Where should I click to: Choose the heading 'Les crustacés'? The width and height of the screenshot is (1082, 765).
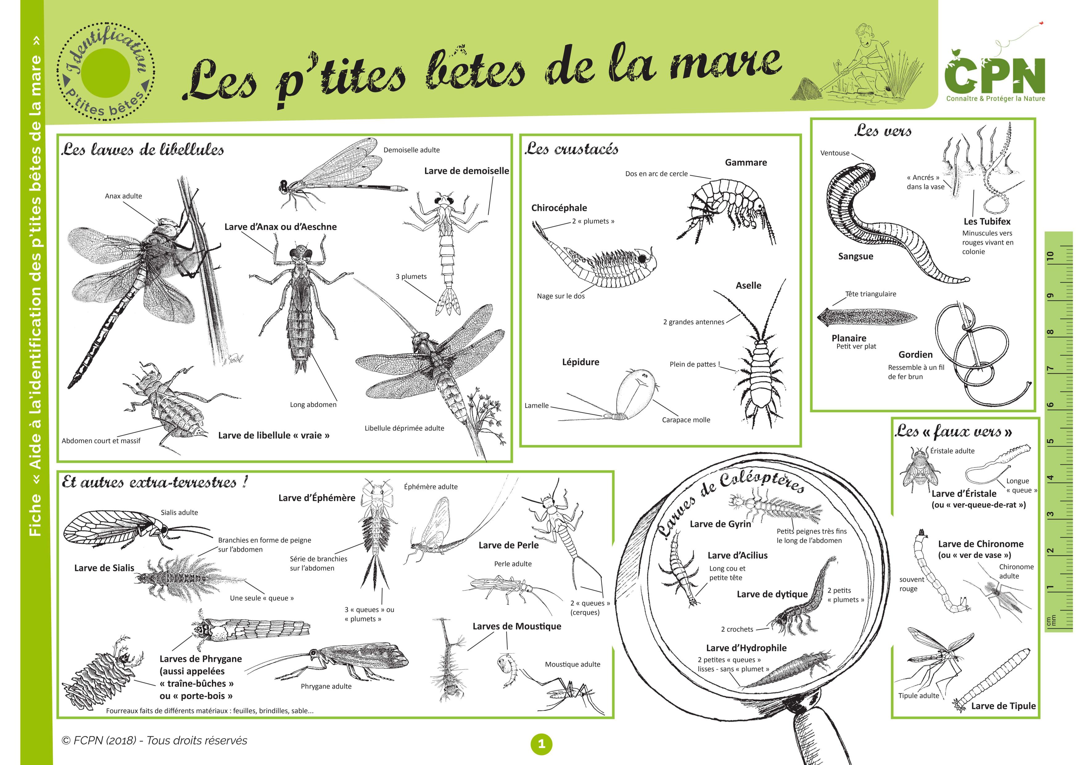[571, 149]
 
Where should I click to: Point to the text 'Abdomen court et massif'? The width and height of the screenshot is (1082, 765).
[101, 441]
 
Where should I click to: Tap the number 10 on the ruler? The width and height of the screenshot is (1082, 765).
[1050, 256]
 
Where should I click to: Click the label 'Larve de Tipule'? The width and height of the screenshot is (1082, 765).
[1003, 706]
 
